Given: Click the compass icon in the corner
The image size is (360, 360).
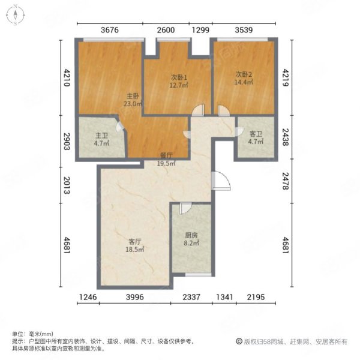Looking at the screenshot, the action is coord(16,14).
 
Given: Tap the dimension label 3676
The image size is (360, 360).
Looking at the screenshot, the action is coord(110,30).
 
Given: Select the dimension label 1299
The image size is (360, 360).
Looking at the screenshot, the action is coord(200,30).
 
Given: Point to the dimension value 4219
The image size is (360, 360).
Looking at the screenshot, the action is coord(285,78).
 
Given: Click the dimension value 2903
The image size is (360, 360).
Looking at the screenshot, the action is coord(67,142).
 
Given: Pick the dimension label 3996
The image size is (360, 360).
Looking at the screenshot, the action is coord(135,297).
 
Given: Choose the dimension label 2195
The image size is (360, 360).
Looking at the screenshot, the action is coord(256,297).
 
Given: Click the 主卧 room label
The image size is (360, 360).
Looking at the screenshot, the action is coord(133,96).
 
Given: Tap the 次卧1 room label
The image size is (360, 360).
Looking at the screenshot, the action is coord(179,77).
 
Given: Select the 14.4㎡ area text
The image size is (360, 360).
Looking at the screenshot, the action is coord(244,82).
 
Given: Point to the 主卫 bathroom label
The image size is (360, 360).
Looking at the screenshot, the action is coord(101,136).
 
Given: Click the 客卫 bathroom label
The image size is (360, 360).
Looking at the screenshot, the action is coord(256,134).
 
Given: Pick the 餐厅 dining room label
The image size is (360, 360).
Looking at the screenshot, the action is coord(166,155).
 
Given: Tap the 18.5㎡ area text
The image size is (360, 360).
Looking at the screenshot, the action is coord(135,250).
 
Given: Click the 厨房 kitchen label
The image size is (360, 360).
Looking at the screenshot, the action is coord(191,235).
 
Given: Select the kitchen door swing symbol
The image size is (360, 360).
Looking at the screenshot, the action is coord(185,208).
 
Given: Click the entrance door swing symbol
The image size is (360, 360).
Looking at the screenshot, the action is coord(221,181).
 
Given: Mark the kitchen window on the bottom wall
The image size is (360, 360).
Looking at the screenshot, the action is coord(199,275).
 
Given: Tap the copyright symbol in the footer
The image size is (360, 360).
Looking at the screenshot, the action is coord(239,341).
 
